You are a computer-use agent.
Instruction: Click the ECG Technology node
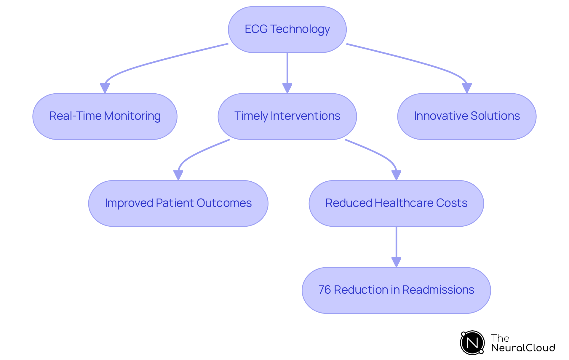[x=287, y=29]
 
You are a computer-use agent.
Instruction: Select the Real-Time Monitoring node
[x=105, y=116]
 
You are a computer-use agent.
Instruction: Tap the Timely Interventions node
[x=287, y=116]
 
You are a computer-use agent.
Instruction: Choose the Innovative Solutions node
[x=466, y=116]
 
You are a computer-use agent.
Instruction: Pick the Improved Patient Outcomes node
[x=178, y=203]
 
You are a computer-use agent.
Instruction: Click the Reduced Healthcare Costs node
[x=396, y=203]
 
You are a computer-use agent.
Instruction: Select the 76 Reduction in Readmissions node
[x=396, y=290]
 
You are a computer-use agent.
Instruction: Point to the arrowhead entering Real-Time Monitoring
[x=105, y=88]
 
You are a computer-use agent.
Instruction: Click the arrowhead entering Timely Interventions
[x=287, y=88]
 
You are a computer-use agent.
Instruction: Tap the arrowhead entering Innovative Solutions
[x=467, y=88]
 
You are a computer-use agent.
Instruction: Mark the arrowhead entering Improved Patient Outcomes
[x=178, y=175]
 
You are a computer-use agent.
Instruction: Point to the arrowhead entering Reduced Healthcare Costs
[x=396, y=175]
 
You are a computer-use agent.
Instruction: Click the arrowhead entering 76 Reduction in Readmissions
[x=396, y=262]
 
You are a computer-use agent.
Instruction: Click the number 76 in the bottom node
[x=325, y=290]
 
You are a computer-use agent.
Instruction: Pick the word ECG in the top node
[x=256, y=29]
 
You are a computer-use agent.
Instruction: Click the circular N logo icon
[x=472, y=343]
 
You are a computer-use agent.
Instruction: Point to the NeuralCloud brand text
[x=523, y=348]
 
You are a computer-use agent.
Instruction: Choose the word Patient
[x=175, y=203]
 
